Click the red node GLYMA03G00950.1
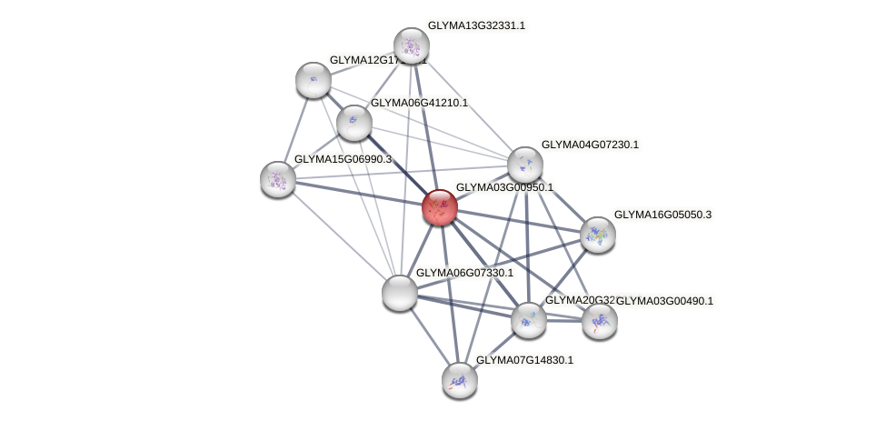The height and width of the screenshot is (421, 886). (x=439, y=207)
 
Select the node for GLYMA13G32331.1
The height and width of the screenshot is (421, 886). (x=411, y=45)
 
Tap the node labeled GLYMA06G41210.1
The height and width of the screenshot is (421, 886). (x=353, y=122)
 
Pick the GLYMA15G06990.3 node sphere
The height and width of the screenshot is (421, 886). (x=277, y=178)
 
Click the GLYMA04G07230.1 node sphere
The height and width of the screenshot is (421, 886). (x=524, y=165)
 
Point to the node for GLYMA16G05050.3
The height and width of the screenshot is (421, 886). (x=597, y=235)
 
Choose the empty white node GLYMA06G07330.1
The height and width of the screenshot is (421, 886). (x=399, y=293)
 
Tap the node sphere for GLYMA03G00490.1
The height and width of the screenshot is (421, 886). (x=599, y=320)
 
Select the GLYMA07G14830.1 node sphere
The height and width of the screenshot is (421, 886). (x=460, y=379)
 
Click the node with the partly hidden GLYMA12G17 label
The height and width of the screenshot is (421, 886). (x=313, y=80)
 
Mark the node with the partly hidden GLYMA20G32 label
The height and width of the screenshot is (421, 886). (x=528, y=319)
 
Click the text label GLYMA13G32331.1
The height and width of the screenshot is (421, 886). (x=476, y=25)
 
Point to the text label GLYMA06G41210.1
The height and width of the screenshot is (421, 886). (x=419, y=103)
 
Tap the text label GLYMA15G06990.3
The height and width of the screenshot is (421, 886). (x=343, y=159)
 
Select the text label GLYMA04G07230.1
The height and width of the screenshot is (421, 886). (x=590, y=145)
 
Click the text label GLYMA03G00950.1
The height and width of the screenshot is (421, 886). (x=504, y=187)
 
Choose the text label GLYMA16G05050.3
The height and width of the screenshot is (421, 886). (x=662, y=215)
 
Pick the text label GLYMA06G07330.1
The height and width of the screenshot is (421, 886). (x=464, y=273)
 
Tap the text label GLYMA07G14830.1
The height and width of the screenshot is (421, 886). (x=525, y=360)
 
